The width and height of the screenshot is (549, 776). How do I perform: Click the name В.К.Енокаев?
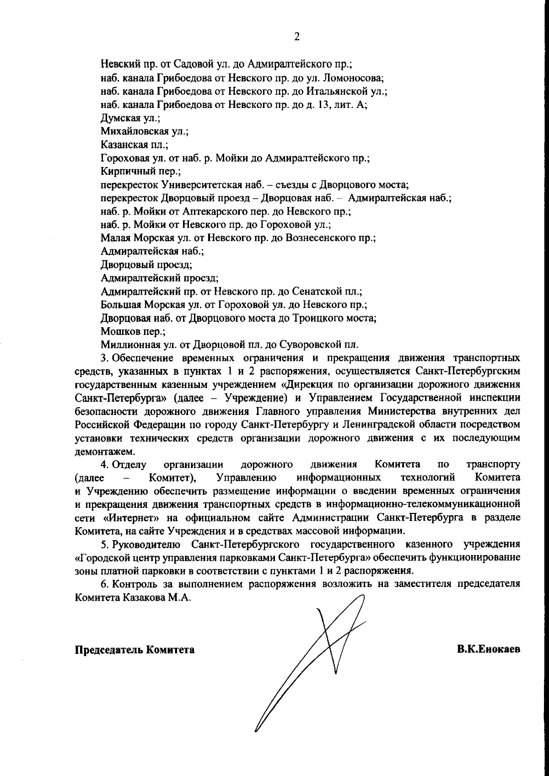click(488, 649)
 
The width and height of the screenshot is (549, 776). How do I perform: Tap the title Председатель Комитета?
click(135, 650)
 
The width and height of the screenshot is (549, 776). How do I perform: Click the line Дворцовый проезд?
click(146, 264)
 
